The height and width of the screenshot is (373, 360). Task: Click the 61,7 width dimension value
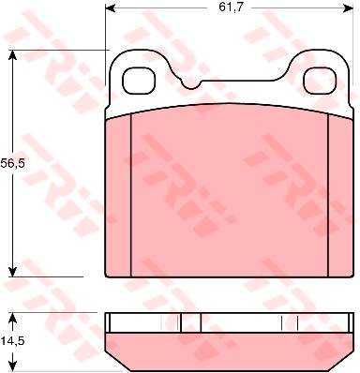click(231, 7)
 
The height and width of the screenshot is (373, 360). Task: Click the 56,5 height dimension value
click(12, 163)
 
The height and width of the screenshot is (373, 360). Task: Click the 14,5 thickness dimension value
click(12, 340)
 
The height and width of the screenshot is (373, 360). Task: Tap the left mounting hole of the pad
click(139, 81)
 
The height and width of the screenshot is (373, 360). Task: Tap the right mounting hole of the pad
click(320, 81)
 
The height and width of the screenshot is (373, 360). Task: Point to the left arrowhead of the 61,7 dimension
click(111, 8)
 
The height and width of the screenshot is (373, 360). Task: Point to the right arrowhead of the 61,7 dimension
click(348, 8)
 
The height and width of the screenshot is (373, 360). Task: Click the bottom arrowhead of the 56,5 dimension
click(12, 272)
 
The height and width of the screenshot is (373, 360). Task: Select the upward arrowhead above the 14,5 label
click(12, 319)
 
